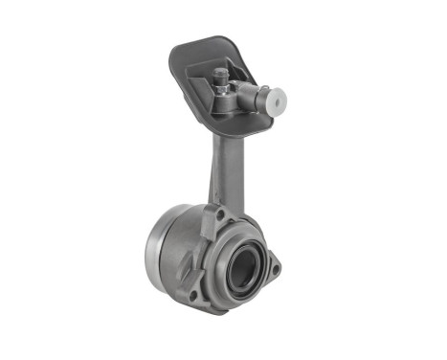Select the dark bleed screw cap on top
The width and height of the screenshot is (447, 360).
[221, 73]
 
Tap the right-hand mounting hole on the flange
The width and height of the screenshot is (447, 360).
[275, 269]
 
